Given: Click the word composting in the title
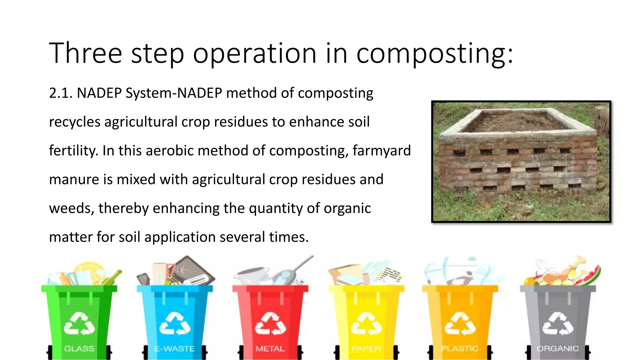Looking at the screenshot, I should coord(434,54).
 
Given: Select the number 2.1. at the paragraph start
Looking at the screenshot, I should coord(61,93).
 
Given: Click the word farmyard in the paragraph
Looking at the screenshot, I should coord(382,151).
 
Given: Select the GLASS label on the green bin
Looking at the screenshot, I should coord(79,348).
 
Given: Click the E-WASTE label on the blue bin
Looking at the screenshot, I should coord(175,348).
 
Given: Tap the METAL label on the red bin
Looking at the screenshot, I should coord(270,348).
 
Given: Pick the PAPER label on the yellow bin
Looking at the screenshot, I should coord(366,348).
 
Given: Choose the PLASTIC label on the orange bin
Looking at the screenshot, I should coord(460,348).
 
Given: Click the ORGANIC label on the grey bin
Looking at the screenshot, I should coord(557,348).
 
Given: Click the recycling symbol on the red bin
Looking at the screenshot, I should coord(270,324).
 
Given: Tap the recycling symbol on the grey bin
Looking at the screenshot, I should coord(558,324).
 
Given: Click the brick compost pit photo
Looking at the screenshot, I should coord(521,162).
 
